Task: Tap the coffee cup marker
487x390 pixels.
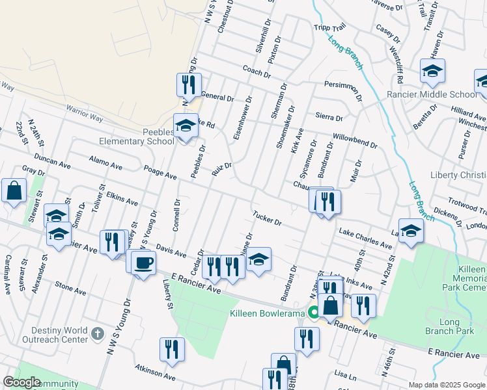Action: click(143, 263)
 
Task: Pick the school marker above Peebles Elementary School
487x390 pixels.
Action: click(186, 125)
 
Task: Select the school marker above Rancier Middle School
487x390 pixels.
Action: click(432, 71)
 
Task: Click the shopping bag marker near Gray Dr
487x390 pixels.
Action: click(14, 191)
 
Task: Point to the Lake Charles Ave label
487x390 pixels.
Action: click(365, 239)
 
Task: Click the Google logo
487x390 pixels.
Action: click(21, 382)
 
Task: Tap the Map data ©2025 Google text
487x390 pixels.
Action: click(447, 385)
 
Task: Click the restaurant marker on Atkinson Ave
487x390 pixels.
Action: click(172, 350)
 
